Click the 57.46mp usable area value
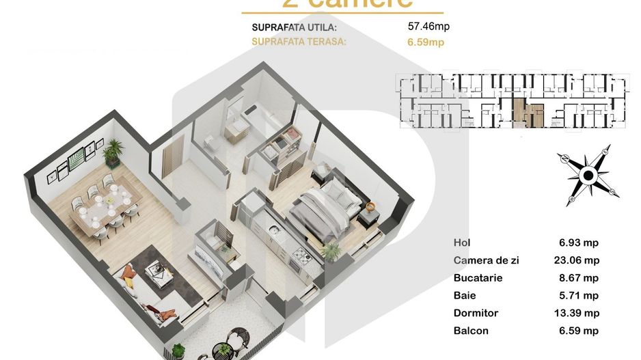428,27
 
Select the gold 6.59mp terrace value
426,42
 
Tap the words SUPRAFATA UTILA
295,28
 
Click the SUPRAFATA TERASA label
299,42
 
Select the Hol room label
462,243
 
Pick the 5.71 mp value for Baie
579,296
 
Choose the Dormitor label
476,314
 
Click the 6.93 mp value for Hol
579,243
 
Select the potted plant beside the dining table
113,151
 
